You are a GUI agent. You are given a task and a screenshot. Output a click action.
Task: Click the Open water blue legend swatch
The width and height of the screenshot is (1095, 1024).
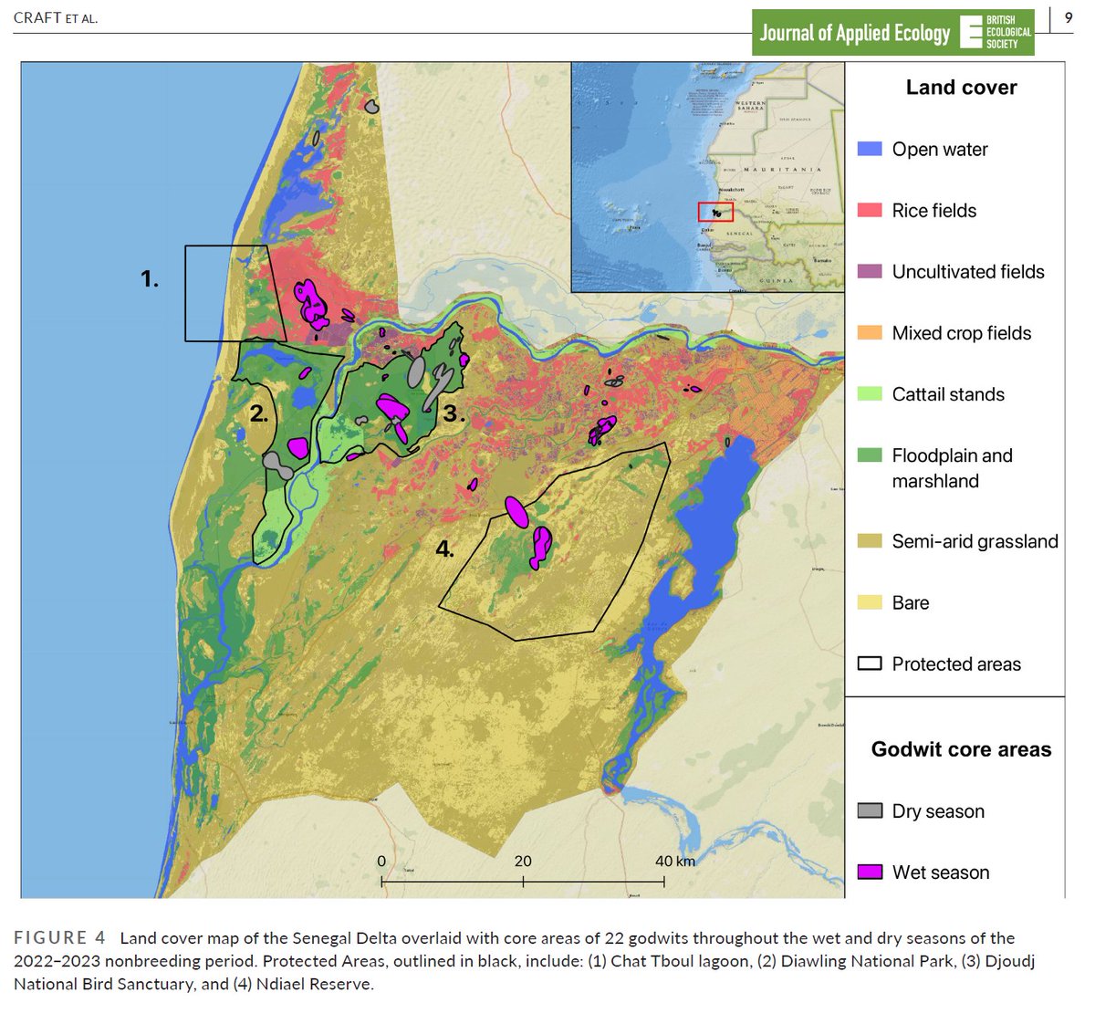[870, 149]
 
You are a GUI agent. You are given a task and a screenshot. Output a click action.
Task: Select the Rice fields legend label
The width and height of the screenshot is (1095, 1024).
[933, 211]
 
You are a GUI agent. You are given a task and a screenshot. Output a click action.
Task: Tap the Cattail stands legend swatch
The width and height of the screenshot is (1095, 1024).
[870, 394]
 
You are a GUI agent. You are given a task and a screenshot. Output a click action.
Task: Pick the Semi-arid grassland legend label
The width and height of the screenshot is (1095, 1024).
[975, 541]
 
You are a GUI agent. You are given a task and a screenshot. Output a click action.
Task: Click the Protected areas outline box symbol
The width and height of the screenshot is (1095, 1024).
[870, 664]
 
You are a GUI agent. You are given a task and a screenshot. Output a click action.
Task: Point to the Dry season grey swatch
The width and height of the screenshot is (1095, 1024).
[870, 810]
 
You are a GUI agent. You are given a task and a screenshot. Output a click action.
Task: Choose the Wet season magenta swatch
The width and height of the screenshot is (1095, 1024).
[870, 872]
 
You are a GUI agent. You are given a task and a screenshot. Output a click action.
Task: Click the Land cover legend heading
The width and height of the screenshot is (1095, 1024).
[961, 88]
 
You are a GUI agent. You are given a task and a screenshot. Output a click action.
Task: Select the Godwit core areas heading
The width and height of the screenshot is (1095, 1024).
[961, 749]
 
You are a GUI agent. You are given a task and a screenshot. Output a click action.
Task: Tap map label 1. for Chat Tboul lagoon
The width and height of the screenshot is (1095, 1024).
[150, 279]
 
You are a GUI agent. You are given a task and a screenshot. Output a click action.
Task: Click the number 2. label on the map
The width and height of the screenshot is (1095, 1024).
[259, 413]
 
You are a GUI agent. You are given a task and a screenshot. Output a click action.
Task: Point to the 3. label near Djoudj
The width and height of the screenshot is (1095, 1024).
[454, 413]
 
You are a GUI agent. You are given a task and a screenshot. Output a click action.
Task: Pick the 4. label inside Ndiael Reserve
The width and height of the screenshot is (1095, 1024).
[444, 549]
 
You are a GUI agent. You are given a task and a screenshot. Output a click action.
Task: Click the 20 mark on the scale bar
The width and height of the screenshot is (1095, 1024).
[523, 862]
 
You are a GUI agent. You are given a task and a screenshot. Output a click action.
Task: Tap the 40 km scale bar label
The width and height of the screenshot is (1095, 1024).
[674, 862]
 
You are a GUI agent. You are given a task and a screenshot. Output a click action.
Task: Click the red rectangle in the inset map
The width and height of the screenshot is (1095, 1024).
[715, 212]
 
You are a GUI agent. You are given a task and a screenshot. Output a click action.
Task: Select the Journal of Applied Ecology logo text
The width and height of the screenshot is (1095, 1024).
[854, 34]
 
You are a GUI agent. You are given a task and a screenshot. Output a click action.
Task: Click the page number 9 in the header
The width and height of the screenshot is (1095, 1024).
[1069, 17]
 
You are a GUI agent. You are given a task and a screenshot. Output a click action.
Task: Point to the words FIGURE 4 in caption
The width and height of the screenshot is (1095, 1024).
[60, 938]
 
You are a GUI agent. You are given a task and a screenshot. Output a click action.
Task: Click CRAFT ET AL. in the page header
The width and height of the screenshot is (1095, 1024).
[56, 17]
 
